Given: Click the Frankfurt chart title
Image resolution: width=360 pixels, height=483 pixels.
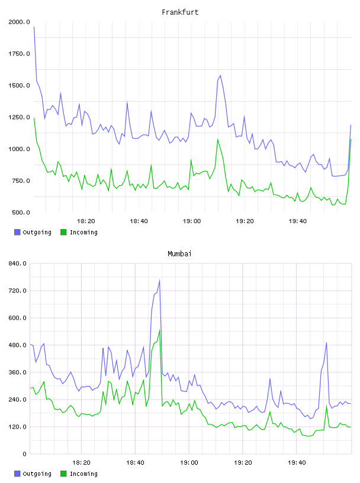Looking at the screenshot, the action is (180, 12).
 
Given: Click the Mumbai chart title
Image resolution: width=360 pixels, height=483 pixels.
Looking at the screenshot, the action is (179, 254).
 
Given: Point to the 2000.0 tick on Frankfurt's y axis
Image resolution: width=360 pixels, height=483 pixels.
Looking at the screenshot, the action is (19, 22).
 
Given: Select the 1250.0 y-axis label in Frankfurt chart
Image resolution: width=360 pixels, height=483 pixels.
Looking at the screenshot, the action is (19, 117).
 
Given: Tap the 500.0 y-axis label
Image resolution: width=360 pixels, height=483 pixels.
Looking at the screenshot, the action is (21, 212).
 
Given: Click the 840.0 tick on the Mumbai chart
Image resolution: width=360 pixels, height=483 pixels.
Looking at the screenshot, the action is (17, 263).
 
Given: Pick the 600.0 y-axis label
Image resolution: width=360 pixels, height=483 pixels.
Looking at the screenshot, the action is (17, 318).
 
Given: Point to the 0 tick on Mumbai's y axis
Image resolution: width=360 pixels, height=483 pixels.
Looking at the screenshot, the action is (24, 454).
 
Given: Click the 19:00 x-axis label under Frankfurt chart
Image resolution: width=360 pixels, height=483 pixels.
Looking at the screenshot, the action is (192, 221).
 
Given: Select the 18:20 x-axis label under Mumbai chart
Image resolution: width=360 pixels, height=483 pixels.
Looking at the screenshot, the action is (81, 463).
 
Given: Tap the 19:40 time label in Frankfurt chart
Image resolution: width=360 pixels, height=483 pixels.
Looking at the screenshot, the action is (297, 221).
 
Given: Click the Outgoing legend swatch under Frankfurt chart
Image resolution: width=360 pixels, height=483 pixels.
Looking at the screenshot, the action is (17, 232).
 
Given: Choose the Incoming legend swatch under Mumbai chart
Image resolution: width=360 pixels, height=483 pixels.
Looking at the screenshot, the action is (63, 474).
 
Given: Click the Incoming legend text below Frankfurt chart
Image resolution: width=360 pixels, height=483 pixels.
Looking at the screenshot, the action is (83, 233).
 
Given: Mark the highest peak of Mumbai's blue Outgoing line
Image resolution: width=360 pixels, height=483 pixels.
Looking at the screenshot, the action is (159, 280).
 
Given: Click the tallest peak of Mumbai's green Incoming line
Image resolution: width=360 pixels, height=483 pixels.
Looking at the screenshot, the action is (159, 330).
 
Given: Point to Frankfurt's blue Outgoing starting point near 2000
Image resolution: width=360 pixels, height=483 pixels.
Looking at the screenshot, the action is (34, 27).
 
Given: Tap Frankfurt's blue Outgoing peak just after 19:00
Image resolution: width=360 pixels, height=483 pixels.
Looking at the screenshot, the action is (220, 76).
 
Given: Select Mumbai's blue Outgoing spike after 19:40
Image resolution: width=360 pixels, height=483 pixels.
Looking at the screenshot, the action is (326, 343).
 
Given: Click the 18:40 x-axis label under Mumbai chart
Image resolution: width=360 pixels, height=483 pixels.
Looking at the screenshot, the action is (135, 463).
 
